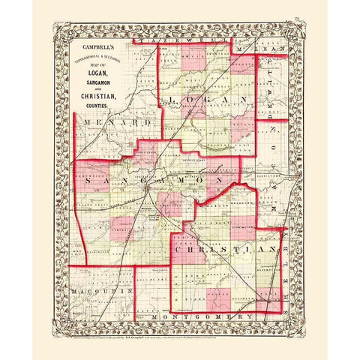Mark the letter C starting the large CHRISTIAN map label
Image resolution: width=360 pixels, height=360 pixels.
click(177, 247)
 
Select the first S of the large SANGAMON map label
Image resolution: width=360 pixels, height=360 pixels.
click(89, 182)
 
